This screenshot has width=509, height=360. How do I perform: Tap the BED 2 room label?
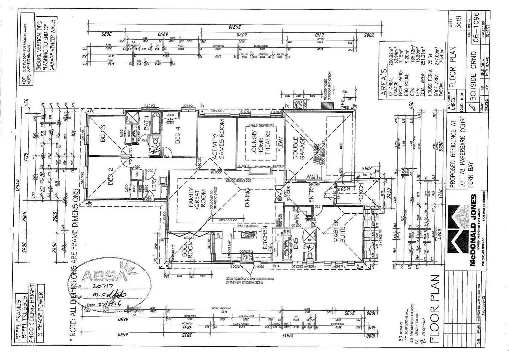point(112,178)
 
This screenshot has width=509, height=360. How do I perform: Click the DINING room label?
point(247,197)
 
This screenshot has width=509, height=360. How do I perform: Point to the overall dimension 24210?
point(235,27)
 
